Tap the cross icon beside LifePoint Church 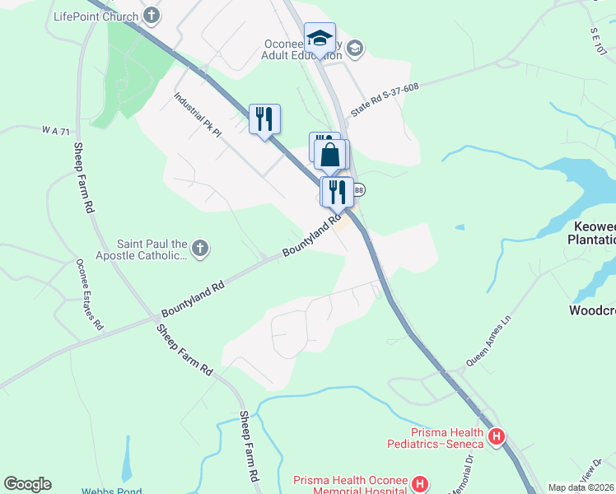(x=152, y=15)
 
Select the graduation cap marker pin (x=320, y=39)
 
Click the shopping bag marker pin (x=330, y=155)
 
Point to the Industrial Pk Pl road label (x=198, y=114)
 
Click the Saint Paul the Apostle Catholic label (x=152, y=249)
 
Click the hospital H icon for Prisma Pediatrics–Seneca (x=496, y=437)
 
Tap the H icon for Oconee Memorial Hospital (x=420, y=483)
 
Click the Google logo (x=27, y=484)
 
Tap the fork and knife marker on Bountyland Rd (x=338, y=192)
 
